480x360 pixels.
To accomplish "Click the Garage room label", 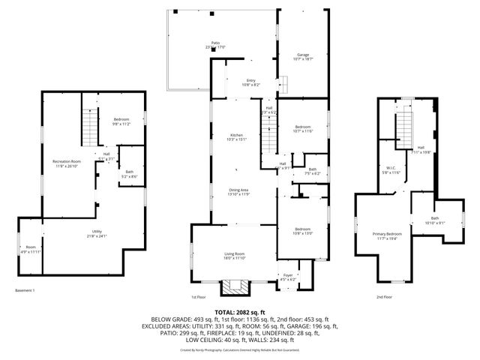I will coord(303,56).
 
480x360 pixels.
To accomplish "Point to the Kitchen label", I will coord(237,137).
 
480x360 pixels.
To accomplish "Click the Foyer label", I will coord(287,277).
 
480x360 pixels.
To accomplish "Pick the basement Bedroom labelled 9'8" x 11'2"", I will coord(121,122).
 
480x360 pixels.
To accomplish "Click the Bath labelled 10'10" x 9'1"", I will coord(434,220).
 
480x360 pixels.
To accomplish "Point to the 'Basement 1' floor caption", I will coord(25,290).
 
